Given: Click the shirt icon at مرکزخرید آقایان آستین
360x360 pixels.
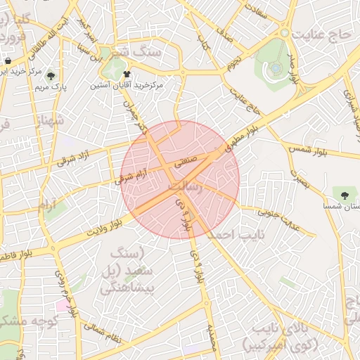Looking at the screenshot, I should tap(127, 73).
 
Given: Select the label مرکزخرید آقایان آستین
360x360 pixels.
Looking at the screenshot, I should tap(127, 84).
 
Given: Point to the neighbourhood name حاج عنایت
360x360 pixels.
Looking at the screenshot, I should tap(324, 33).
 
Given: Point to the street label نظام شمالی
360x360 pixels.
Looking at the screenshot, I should tap(103, 332).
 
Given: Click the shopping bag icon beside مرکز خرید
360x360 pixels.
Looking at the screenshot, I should tap(7, 62).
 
